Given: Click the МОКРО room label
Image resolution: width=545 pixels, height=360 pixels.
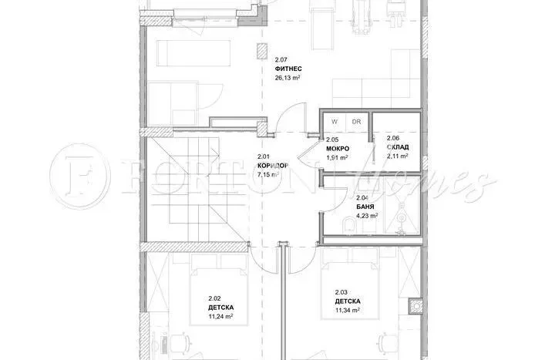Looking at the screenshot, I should click(338, 147).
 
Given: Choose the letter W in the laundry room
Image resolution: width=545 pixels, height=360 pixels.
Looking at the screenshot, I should click(335, 122).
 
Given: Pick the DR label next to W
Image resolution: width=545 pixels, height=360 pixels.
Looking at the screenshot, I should click(355, 122).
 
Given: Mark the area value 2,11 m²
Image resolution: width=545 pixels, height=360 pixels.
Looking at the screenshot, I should click(397, 156).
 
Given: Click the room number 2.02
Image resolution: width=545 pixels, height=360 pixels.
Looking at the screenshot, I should click(215, 298).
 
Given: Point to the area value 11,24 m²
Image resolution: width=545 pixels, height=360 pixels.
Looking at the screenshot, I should click(221, 316).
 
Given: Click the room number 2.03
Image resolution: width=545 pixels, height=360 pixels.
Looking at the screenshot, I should click(341, 291).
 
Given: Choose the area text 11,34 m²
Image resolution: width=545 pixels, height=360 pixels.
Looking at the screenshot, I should click(348, 310).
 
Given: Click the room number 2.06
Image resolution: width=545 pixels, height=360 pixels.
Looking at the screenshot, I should click(393, 138).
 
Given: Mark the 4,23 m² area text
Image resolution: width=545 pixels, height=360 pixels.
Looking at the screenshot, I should click(366, 216).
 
